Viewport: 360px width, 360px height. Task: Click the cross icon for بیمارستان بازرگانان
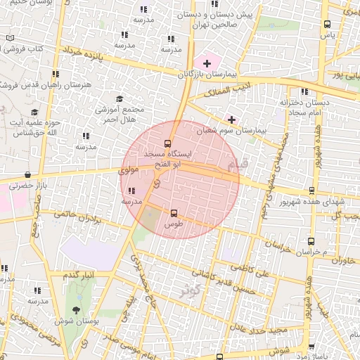tap(207, 64)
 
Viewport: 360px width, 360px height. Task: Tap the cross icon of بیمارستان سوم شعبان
tap(231, 120)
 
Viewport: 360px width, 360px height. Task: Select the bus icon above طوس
tap(174, 212)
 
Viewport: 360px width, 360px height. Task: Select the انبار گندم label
tap(79, 274)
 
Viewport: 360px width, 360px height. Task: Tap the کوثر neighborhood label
tap(188, 290)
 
